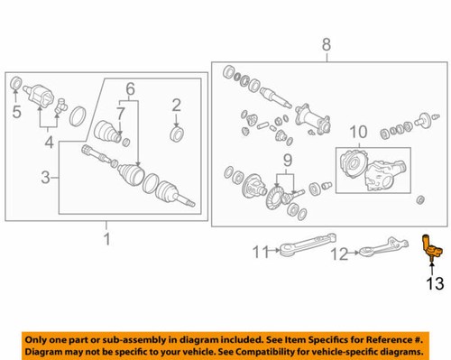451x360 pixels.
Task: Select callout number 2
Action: point(178,105)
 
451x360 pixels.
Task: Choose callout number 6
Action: point(130,89)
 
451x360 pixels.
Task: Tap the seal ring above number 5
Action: point(16,85)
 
